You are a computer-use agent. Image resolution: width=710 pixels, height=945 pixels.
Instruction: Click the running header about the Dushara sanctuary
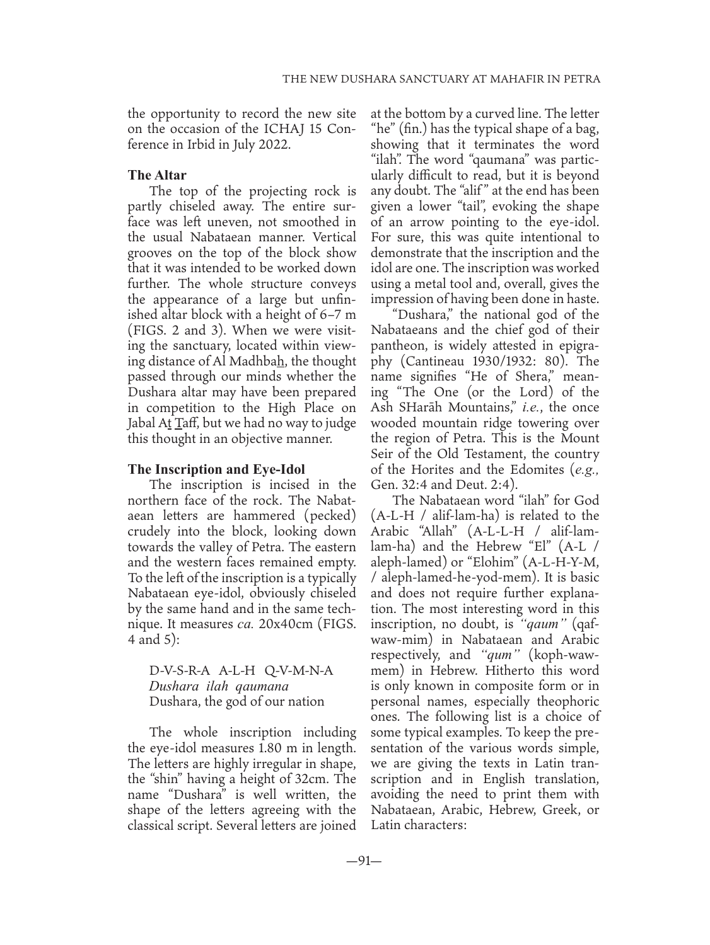(x=441, y=79)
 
